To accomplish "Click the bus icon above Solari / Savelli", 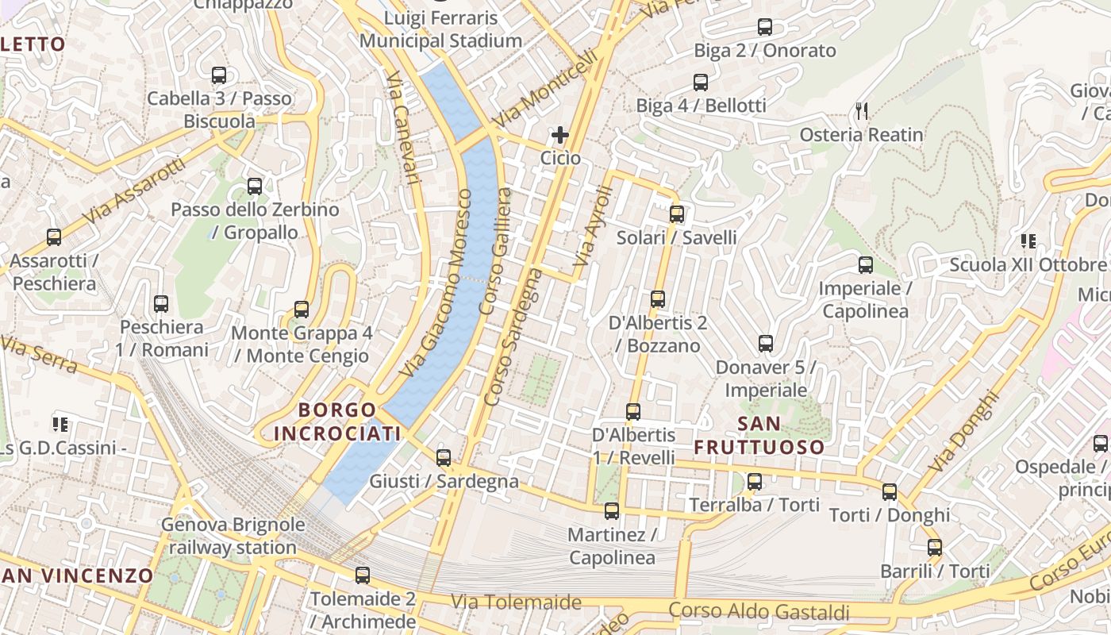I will pyautogui.click(x=676, y=214).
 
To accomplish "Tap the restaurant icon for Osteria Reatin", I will pyautogui.click(x=862, y=110).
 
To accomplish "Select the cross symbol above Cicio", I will pyautogui.click(x=560, y=135).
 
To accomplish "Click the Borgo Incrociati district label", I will pyautogui.click(x=337, y=421).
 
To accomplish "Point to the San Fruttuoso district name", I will pyautogui.click(x=759, y=435).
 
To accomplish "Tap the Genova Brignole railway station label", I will pyautogui.click(x=233, y=536).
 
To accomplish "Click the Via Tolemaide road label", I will pyautogui.click(x=516, y=602).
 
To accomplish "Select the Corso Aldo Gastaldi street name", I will pyautogui.click(x=759, y=611).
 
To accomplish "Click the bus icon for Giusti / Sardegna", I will pyautogui.click(x=444, y=457).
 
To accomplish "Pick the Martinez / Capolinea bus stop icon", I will pyautogui.click(x=611, y=510).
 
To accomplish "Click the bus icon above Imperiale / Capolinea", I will pyautogui.click(x=865, y=264).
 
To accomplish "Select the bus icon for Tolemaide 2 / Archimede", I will pyautogui.click(x=363, y=575).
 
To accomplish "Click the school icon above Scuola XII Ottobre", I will pyautogui.click(x=1028, y=241).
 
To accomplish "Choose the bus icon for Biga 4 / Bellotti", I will pyautogui.click(x=700, y=82).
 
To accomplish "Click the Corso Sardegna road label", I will pyautogui.click(x=513, y=337).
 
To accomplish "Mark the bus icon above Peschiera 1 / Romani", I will pyautogui.click(x=161, y=303).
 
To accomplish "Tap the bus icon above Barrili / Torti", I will pyautogui.click(x=935, y=547).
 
